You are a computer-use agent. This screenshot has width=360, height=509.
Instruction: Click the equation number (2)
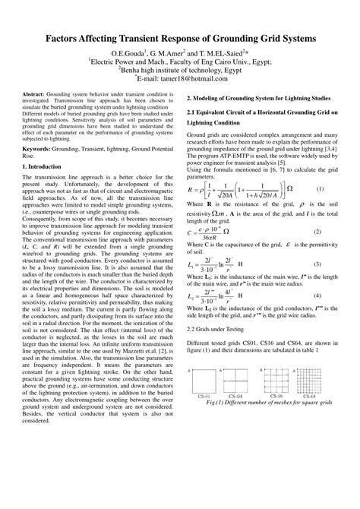319,231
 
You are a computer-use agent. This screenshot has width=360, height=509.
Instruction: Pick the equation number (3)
319,264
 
